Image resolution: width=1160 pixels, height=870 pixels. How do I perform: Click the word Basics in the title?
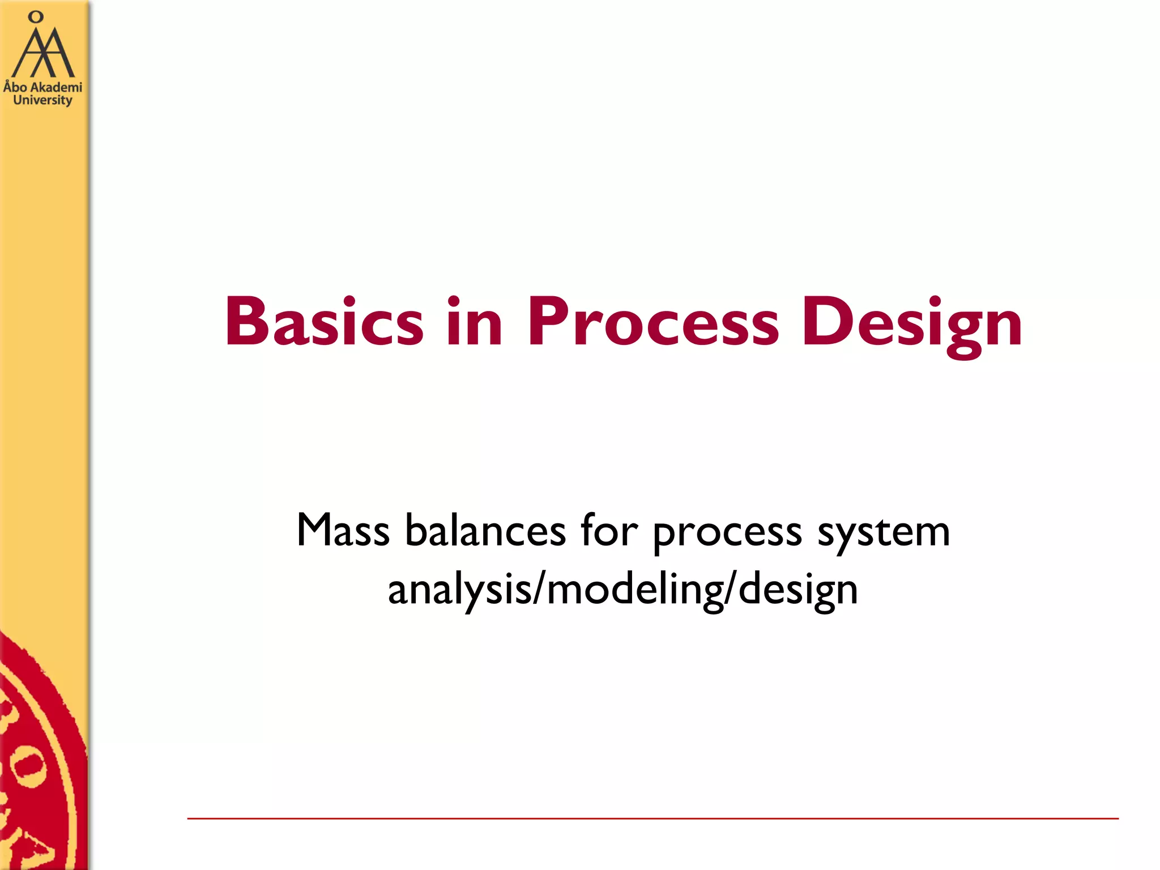tap(324, 322)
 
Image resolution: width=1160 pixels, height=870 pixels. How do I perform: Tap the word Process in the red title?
tap(654, 322)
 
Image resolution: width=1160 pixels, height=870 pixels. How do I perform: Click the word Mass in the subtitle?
tap(343, 531)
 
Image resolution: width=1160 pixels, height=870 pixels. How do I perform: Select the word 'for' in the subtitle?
tap(609, 531)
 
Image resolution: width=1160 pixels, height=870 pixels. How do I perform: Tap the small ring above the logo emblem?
tap(36, 17)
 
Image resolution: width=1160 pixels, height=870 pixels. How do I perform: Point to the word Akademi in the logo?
tap(56, 87)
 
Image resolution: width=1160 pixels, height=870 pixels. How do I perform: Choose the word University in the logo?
tap(42, 100)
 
